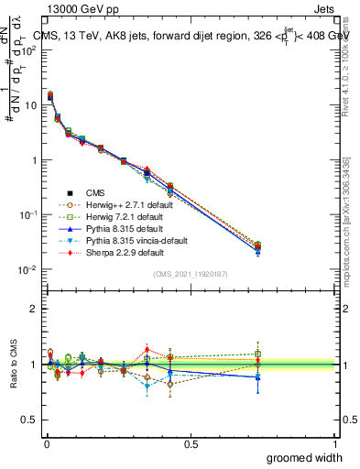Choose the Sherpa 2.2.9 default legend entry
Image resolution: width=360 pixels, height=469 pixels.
123,251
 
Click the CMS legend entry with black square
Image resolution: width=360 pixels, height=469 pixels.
97,191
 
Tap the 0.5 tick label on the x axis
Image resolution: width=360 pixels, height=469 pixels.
191,444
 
